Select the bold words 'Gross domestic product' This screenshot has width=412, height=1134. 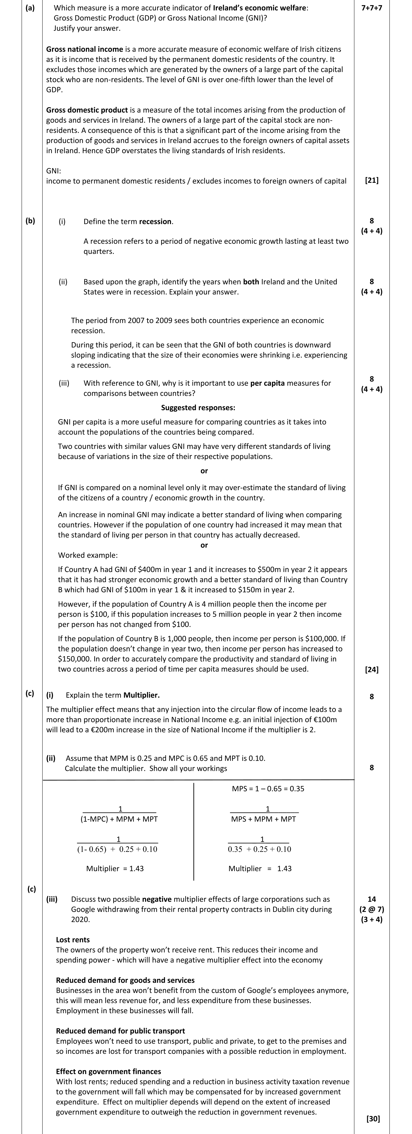click(x=87, y=110)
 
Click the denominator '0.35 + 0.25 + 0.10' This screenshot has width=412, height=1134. click(x=259, y=849)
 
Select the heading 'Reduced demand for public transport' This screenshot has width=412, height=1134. click(x=120, y=1031)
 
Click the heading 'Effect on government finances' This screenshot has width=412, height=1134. click(x=108, y=1072)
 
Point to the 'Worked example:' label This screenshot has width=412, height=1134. click(x=88, y=555)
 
